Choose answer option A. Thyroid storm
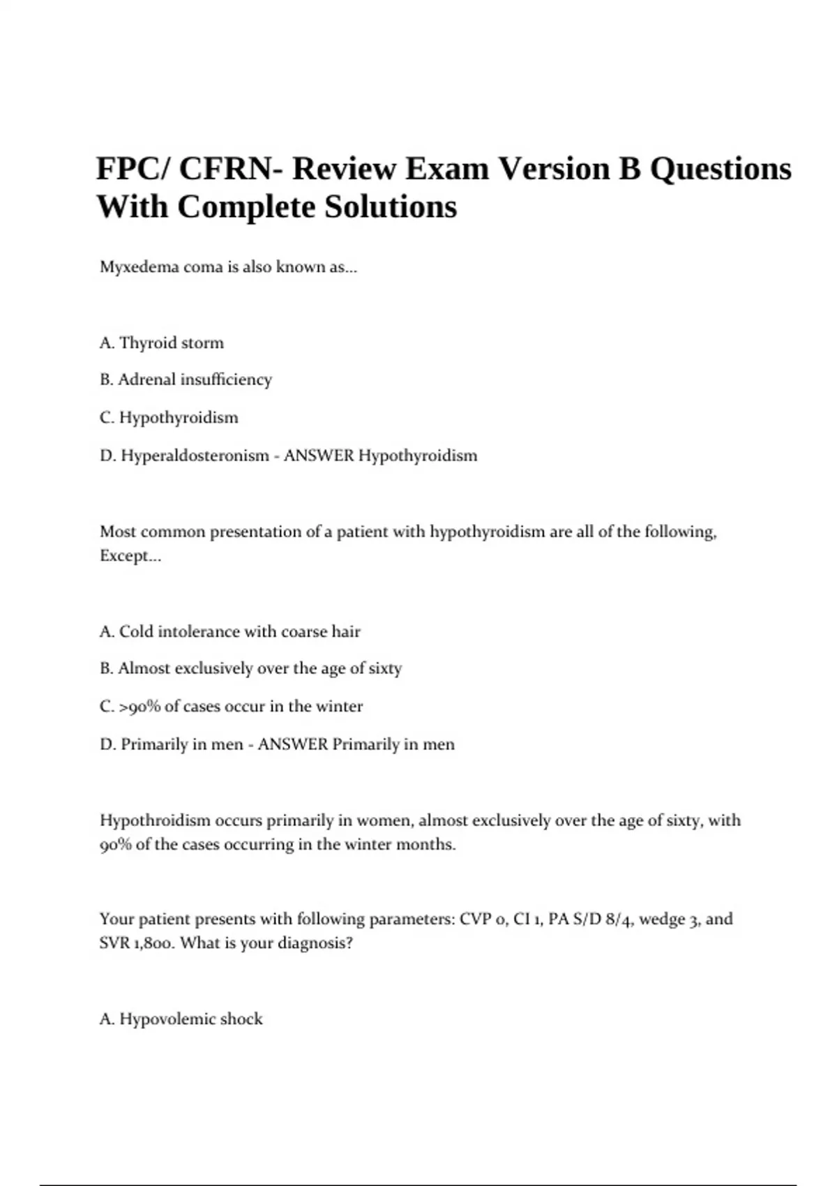[x=162, y=343]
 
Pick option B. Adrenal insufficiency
[x=186, y=380]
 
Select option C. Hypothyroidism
[x=169, y=418]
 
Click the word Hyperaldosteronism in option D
[x=195, y=456]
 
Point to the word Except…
[x=130, y=556]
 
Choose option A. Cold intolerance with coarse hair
[x=230, y=632]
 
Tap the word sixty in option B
[x=385, y=668]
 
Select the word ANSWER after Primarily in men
[x=292, y=744]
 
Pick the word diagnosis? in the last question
[x=315, y=943]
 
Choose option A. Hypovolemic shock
[x=181, y=1019]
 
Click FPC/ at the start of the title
[x=133, y=169]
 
